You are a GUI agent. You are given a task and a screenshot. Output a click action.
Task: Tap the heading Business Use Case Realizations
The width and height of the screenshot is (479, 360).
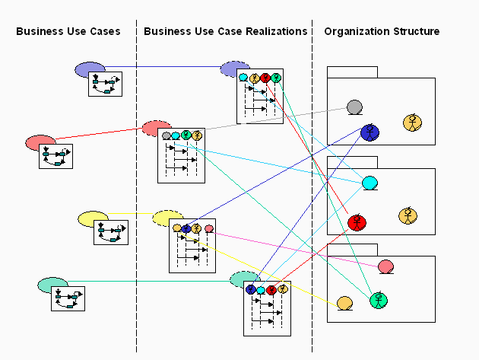pyautogui.click(x=225, y=31)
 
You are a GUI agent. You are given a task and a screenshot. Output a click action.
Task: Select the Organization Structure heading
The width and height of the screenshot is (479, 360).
pyautogui.click(x=382, y=31)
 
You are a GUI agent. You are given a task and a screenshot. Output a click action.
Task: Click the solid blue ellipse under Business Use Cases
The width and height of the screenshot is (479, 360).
pyautogui.click(x=89, y=69)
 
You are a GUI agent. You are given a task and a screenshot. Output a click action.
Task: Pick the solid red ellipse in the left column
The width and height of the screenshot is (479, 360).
pyautogui.click(x=40, y=142)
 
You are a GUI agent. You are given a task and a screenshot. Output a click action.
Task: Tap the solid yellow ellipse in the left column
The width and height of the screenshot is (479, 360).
pyautogui.click(x=93, y=219)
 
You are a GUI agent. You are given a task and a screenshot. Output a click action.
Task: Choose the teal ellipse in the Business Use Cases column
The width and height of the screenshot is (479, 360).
pyautogui.click(x=52, y=285)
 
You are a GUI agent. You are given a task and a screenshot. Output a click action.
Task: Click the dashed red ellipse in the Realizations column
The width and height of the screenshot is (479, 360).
pyautogui.click(x=156, y=127)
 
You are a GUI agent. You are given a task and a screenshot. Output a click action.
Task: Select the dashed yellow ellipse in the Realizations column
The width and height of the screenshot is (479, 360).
pyautogui.click(x=167, y=218)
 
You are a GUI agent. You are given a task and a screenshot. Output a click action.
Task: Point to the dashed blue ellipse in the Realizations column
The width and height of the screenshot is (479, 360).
pyautogui.click(x=234, y=69)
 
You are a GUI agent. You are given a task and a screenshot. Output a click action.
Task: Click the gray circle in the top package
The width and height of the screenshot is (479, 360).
pyautogui.click(x=354, y=107)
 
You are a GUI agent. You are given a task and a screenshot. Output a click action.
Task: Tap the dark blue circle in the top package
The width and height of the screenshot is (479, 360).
pyautogui.click(x=370, y=132)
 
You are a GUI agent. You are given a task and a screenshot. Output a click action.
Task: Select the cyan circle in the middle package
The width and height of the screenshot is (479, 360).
pyautogui.click(x=370, y=183)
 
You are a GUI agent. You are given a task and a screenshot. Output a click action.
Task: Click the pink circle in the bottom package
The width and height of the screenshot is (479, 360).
pyautogui.click(x=385, y=266)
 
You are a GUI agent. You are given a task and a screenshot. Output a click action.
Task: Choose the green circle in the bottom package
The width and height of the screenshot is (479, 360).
pyautogui.click(x=379, y=300)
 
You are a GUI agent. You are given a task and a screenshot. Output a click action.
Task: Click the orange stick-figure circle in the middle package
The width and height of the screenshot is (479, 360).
pyautogui.click(x=408, y=216)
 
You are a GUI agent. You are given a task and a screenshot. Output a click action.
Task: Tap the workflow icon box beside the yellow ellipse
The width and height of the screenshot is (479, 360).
pyautogui.click(x=110, y=232)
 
